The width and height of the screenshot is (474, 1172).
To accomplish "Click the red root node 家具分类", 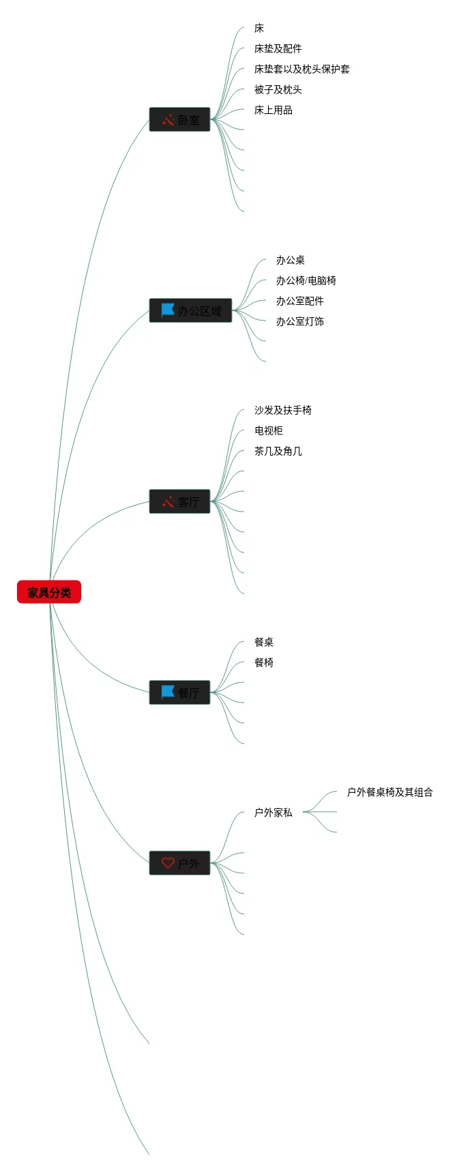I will pyautogui.click(x=49, y=592).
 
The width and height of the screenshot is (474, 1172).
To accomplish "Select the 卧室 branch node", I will pyautogui.click(x=180, y=119).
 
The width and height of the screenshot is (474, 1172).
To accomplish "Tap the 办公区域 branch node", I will pyautogui.click(x=191, y=310).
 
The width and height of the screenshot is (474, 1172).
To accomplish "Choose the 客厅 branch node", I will pyautogui.click(x=180, y=501).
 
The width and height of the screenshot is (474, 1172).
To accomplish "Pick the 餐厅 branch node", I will pyautogui.click(x=180, y=692).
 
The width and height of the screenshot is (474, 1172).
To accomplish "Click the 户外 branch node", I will pyautogui.click(x=180, y=863).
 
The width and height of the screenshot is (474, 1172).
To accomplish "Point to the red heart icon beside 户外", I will pyautogui.click(x=168, y=863).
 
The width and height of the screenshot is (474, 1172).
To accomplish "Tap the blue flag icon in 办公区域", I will pyautogui.click(x=168, y=310).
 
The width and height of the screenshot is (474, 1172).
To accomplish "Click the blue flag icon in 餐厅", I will pyautogui.click(x=168, y=692).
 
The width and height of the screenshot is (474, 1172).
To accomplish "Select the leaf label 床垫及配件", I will pyautogui.click(x=278, y=48).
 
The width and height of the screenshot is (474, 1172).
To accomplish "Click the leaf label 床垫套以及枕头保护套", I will pyautogui.click(x=301, y=69).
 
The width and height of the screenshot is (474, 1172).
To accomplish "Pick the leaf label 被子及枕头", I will pyautogui.click(x=278, y=89).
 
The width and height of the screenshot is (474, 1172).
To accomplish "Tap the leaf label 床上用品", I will pyautogui.click(x=273, y=110).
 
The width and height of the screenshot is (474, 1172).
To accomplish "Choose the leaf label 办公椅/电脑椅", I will pyautogui.click(x=306, y=280).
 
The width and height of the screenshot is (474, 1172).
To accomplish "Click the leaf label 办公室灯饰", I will pyautogui.click(x=299, y=321).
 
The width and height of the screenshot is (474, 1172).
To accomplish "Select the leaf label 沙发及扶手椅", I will pyautogui.click(x=282, y=410).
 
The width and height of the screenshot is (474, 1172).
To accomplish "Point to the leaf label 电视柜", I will pyautogui.click(x=268, y=430).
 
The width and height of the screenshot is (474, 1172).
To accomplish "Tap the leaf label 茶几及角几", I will pyautogui.click(x=278, y=451).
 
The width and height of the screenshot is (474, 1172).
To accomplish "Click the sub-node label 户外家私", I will pyautogui.click(x=273, y=812).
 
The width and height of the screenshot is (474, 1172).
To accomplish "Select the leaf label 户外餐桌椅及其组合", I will pyautogui.click(x=389, y=792).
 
